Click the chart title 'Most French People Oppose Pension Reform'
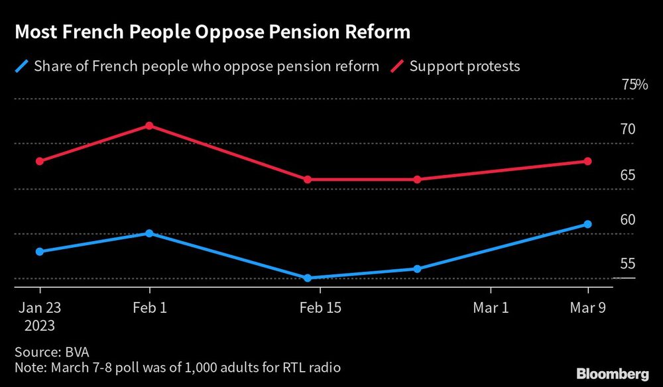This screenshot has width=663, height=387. [211, 32]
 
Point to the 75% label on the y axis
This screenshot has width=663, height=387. [634, 85]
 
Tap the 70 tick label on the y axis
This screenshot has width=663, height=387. [627, 130]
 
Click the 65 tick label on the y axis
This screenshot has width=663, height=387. [627, 176]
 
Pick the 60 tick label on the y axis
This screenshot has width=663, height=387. [627, 220]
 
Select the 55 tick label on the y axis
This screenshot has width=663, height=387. [627, 264]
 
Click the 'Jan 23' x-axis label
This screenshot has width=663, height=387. [40, 307]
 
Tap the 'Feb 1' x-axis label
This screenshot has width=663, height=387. [150, 307]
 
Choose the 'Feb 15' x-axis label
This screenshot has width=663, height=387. [320, 307]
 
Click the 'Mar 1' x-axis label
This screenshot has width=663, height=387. [491, 307]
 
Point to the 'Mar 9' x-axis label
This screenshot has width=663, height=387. [588, 307]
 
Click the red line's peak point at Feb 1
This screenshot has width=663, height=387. [150, 125]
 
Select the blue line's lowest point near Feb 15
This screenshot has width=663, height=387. [308, 278]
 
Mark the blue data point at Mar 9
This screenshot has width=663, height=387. [588, 224]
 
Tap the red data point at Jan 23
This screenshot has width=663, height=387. [40, 161]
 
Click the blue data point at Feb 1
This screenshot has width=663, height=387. [150, 233]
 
